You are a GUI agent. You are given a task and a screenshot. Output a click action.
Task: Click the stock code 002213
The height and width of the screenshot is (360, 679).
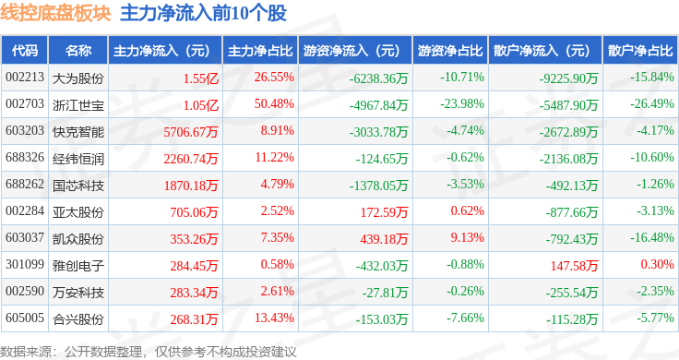pos(25,78)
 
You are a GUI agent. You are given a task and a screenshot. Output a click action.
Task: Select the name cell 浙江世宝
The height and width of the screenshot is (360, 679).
pos(78,105)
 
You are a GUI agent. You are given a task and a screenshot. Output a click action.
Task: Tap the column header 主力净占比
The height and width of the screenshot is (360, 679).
pos(260,51)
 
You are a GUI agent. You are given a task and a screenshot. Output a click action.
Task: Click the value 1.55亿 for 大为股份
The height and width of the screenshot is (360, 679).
pos(200,78)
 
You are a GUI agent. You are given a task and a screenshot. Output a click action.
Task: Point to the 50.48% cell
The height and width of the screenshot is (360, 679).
pos(274,104)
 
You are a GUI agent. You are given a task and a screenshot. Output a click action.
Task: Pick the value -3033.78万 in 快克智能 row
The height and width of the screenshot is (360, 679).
pos(379,132)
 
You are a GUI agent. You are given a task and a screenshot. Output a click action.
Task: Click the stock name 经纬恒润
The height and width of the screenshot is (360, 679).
pos(78,159)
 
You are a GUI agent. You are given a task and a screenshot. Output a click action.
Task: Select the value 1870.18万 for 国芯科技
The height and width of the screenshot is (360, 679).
pos(191,186)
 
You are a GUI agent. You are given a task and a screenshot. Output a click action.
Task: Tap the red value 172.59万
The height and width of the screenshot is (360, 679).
pos(384,212)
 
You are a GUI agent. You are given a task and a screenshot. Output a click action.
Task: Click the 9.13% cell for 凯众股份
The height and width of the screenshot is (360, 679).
pos(467,238)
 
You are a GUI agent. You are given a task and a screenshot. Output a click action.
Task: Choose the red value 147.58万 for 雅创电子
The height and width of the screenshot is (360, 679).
pos(574,266)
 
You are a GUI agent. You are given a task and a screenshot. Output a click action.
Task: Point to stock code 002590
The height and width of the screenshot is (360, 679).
pos(25,291)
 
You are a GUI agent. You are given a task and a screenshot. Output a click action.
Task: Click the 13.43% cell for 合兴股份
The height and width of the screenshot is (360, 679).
pos(274,318)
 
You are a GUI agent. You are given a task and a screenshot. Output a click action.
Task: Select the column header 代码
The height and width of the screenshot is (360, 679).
pos(25,51)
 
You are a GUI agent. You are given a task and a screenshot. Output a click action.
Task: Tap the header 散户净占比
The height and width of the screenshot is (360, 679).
pos(640,51)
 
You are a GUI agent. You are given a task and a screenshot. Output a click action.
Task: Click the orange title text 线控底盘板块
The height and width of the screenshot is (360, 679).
pos(55,13)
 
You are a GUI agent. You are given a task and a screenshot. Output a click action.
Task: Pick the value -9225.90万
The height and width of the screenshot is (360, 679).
pos(568,78)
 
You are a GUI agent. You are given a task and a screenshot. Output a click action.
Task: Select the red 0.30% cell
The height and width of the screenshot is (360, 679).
pos(658,264)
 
